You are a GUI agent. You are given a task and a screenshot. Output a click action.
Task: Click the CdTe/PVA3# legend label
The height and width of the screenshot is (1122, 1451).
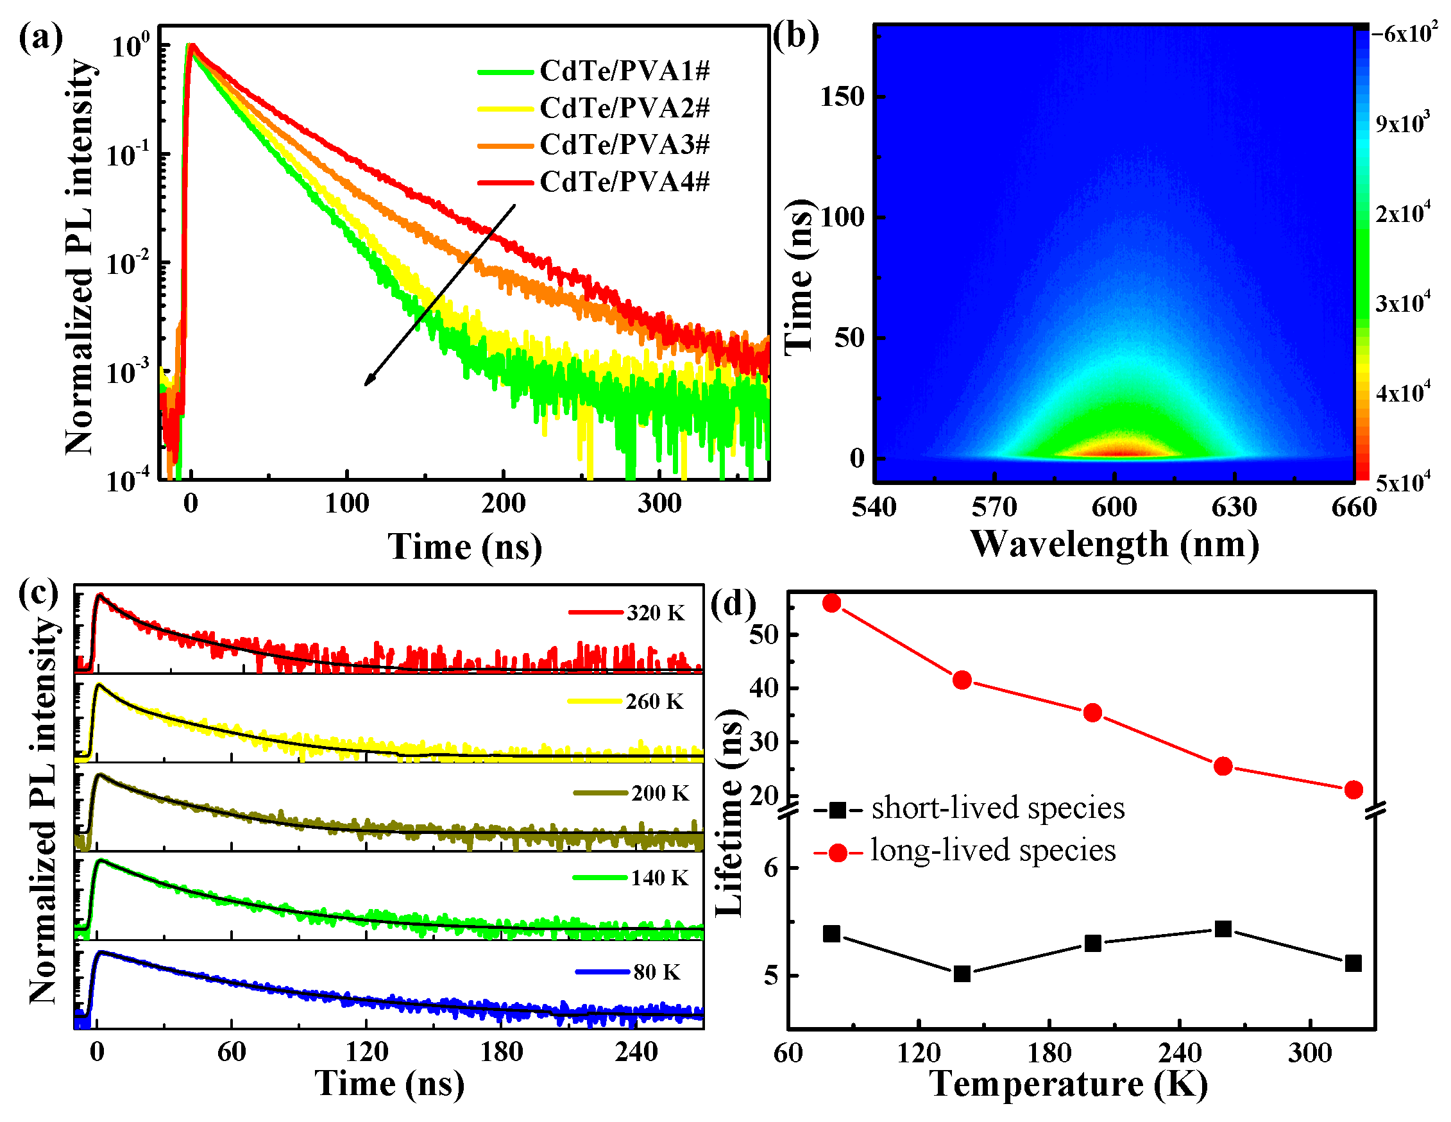click(x=625, y=145)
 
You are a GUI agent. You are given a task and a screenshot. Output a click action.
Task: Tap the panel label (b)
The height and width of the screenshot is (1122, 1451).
click(x=795, y=37)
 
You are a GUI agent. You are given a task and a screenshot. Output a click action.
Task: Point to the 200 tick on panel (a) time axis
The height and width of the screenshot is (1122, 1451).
click(x=503, y=504)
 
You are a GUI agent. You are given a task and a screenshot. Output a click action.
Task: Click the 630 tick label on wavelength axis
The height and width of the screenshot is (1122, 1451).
click(x=1234, y=507)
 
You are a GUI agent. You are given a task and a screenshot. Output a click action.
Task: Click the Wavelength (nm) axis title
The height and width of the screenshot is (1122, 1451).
click(x=1114, y=545)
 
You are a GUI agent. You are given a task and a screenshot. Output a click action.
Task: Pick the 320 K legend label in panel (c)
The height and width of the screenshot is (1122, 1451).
click(x=654, y=613)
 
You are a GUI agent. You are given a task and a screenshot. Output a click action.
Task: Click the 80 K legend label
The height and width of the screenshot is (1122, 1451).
click(x=656, y=973)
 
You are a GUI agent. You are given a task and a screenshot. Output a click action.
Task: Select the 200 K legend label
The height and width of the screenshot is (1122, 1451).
click(x=659, y=793)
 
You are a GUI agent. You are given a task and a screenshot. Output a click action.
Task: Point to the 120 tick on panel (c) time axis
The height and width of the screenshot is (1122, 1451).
click(x=367, y=1052)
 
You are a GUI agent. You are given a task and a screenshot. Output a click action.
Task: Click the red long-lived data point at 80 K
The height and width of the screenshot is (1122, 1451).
click(x=832, y=603)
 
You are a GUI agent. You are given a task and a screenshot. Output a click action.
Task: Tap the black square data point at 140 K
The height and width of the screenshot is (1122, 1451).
click(x=962, y=974)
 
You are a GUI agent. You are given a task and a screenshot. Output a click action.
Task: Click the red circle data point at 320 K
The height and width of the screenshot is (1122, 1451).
click(x=1353, y=790)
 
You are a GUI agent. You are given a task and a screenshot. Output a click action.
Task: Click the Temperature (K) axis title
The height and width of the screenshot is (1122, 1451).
click(x=1068, y=1085)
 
